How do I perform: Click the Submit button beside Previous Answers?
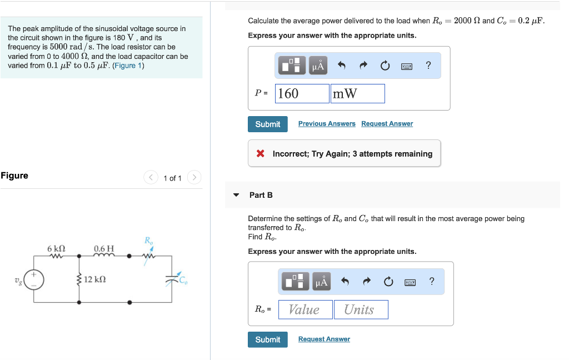click(267, 124)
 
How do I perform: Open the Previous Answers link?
click(327, 124)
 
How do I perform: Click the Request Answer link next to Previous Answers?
click(387, 124)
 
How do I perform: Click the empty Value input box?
click(305, 309)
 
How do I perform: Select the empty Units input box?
click(361, 309)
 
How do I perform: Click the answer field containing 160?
click(302, 93)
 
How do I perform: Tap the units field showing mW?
click(357, 93)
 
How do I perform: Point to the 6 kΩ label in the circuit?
click(57, 248)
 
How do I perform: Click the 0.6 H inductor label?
click(104, 248)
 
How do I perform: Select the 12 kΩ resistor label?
click(95, 279)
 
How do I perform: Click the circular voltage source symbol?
click(33, 279)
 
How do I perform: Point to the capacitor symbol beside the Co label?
click(169, 281)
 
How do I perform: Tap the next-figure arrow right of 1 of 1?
click(194, 178)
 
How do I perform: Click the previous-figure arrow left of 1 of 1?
click(151, 178)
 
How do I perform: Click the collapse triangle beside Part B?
click(236, 195)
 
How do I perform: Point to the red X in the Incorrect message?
click(260, 154)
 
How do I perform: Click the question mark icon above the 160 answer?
click(428, 66)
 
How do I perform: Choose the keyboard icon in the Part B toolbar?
click(410, 282)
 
